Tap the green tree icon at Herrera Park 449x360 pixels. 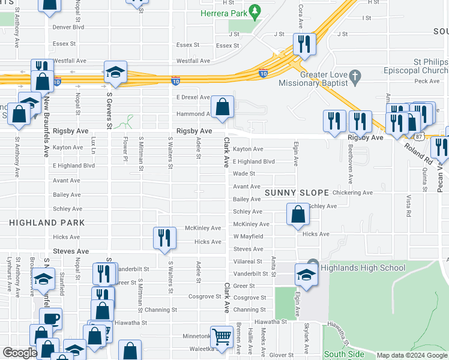(x=255, y=11)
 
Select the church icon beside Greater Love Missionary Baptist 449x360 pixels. (x=355, y=76)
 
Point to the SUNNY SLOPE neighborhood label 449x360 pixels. (x=297, y=193)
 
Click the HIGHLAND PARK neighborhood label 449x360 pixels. (x=47, y=223)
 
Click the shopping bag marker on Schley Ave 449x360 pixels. (x=298, y=214)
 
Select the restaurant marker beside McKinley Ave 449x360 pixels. (x=164, y=238)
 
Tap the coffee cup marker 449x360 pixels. (x=50, y=318)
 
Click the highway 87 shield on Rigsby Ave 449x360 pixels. (x=418, y=137)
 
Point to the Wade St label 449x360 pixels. (x=244, y=173)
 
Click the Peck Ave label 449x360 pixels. (x=427, y=80)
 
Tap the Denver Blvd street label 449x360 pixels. (x=68, y=27)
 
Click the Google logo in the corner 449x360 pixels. (x=20, y=353)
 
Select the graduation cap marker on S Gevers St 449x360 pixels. (x=114, y=72)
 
